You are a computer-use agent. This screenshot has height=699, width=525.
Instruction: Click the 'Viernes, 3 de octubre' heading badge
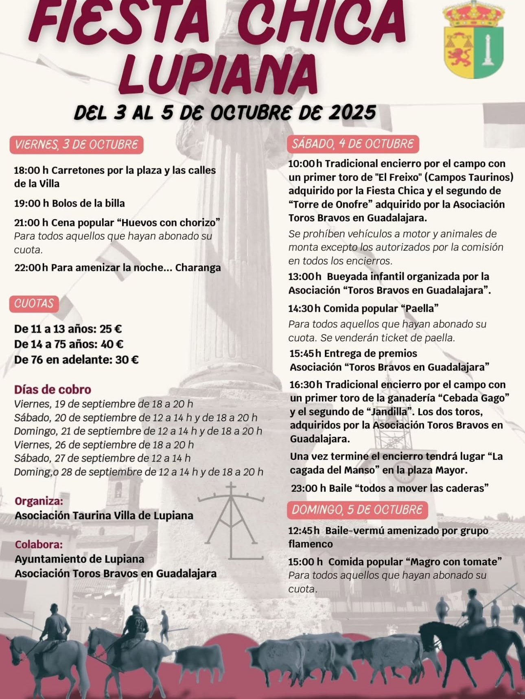[77, 145]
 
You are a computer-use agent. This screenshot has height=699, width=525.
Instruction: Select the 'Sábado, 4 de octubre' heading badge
[353, 144]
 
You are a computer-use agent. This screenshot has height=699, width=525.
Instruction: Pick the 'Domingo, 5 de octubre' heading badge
[357, 510]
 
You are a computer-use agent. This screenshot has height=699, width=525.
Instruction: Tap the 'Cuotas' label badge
[34, 304]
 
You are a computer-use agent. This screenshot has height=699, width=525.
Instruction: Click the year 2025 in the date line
[352, 112]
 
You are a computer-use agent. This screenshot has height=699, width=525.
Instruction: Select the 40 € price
[112, 344]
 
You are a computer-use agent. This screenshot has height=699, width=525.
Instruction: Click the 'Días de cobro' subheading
[52, 389]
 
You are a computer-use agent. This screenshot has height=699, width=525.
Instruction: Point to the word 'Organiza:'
[39, 501]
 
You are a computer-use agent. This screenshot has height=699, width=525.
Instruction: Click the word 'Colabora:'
[39, 544]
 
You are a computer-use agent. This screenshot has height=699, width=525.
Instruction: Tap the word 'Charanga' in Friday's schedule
[198, 267]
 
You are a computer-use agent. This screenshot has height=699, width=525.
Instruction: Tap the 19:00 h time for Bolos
[31, 203]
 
